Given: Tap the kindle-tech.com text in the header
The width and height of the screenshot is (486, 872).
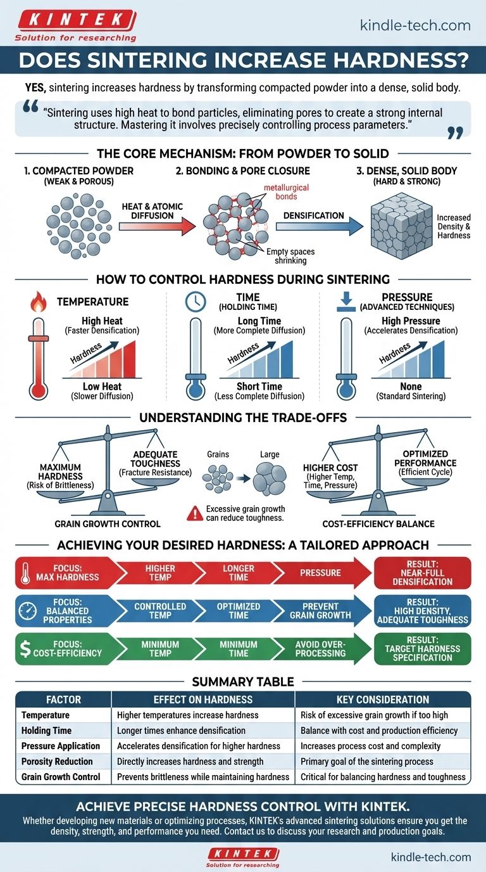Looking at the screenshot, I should (414, 25).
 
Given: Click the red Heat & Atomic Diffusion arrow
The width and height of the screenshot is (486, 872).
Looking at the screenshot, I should (153, 224).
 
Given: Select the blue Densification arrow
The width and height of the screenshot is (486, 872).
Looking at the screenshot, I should (320, 224).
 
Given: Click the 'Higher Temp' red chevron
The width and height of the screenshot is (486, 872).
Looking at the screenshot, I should (160, 572).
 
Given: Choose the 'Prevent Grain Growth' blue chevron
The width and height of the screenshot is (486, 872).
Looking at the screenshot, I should (320, 610).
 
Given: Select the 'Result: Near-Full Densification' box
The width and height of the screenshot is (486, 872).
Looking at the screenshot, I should (422, 572).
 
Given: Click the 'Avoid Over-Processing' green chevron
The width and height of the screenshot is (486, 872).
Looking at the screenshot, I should (320, 648).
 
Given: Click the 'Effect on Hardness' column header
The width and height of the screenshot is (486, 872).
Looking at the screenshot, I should (203, 700).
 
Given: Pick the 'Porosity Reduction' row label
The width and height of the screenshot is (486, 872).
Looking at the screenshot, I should (57, 761).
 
